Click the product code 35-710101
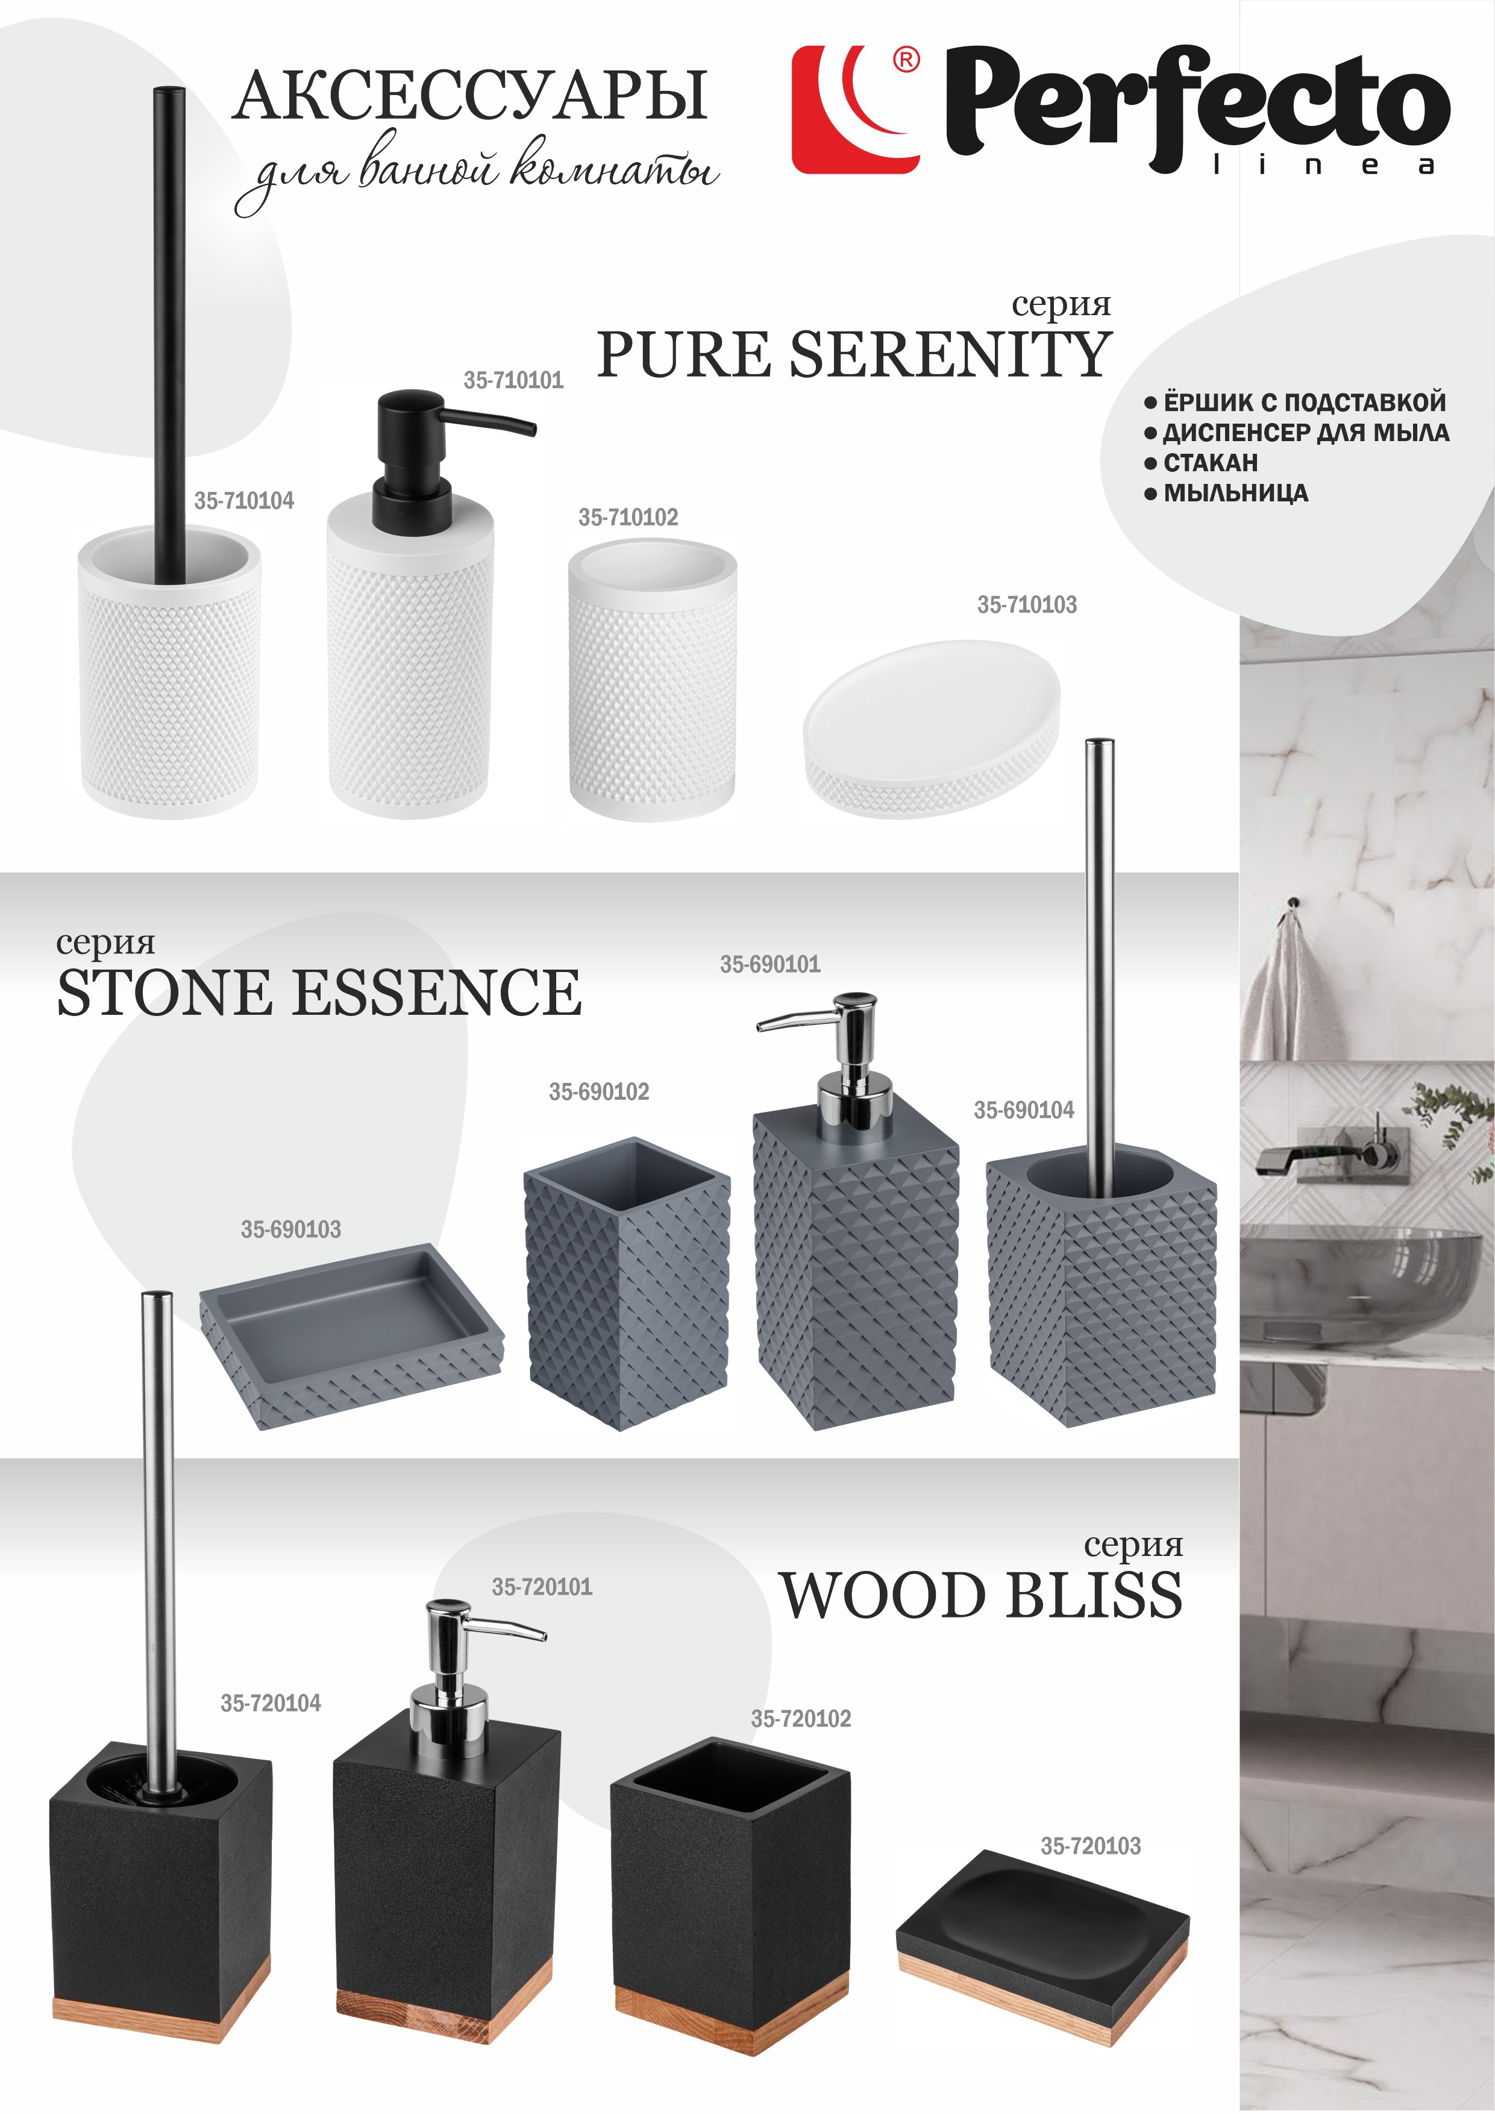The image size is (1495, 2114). pyautogui.click(x=513, y=380)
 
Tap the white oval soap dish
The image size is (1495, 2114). pyautogui.click(x=932, y=729)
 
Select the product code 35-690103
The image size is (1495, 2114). pyautogui.click(x=291, y=1229)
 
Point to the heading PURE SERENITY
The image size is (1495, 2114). pyautogui.click(x=854, y=354)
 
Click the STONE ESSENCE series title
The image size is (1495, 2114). pyautogui.click(x=319, y=993)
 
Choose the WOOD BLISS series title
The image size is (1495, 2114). pyautogui.click(x=982, y=1596)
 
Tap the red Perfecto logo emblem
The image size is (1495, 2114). pyautogui.click(x=856, y=110)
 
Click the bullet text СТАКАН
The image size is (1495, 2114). pyautogui.click(x=1209, y=462)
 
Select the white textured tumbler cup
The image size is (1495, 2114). pyautogui.click(x=652, y=682)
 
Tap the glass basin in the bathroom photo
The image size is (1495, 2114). pyautogui.click(x=1366, y=1284)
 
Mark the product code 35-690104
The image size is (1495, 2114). pyautogui.click(x=1024, y=1111)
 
